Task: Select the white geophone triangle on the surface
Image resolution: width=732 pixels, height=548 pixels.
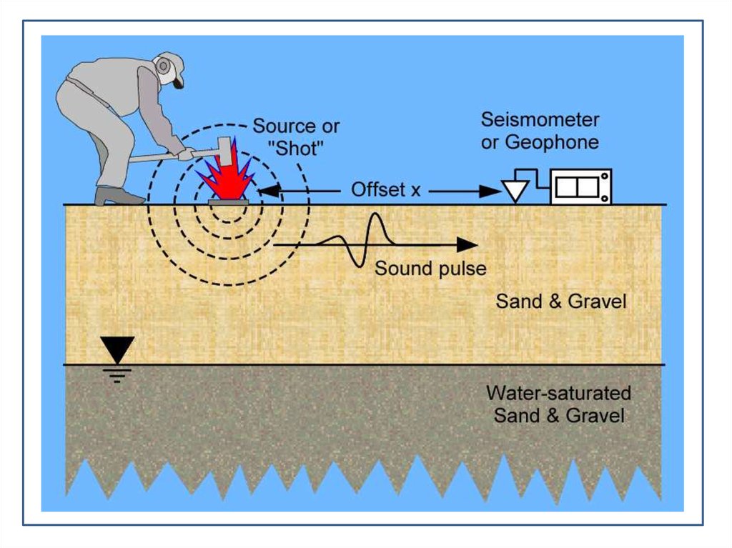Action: pyautogui.click(x=515, y=190)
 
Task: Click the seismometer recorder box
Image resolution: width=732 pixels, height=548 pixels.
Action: pyautogui.click(x=580, y=187)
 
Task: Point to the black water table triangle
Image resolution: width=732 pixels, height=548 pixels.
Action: pyautogui.click(x=117, y=349)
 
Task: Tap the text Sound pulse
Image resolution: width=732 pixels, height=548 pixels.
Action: pyautogui.click(x=430, y=269)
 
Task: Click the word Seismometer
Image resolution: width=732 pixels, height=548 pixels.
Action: pyautogui.click(x=540, y=119)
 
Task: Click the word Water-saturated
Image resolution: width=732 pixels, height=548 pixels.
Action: pyautogui.click(x=558, y=393)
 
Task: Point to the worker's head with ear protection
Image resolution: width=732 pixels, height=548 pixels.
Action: pyautogui.click(x=169, y=69)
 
